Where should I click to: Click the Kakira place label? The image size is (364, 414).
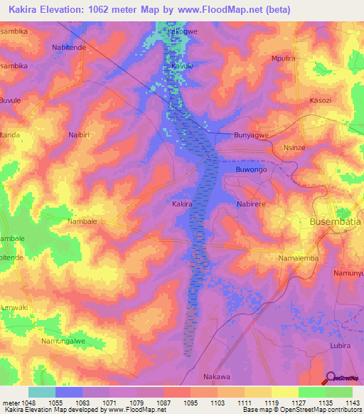[x=182, y=204]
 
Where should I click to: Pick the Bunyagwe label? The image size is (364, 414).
[x=253, y=134]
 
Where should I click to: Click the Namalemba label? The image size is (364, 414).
[x=299, y=258]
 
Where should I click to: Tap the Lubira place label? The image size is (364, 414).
[x=340, y=345]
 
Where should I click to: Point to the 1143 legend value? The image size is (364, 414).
[x=352, y=402]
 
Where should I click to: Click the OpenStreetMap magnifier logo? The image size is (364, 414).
[x=329, y=378]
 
